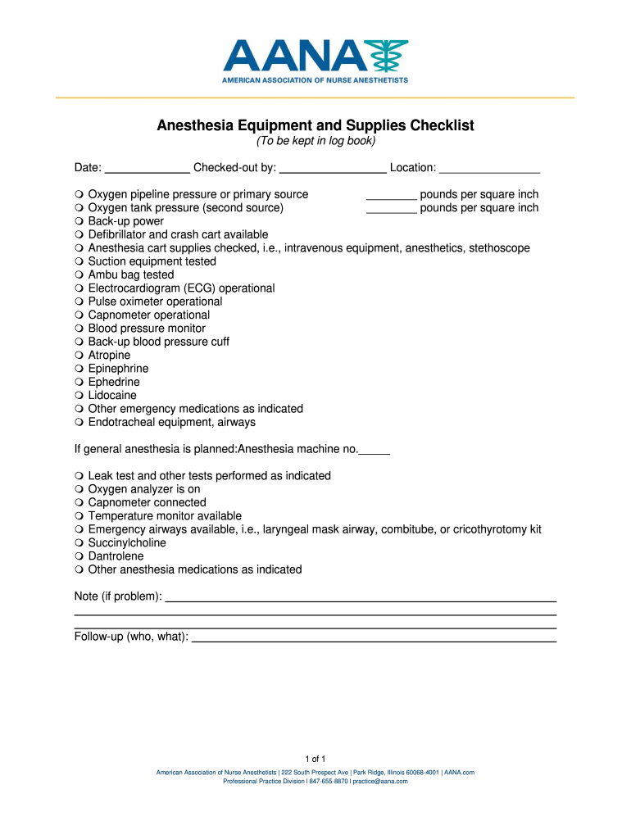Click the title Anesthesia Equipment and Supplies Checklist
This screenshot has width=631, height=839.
click(x=315, y=126)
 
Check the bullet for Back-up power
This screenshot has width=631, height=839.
click(x=78, y=221)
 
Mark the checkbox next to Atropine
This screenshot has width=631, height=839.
click(x=78, y=356)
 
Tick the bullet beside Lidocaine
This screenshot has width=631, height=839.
click(x=78, y=396)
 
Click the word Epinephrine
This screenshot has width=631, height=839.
click(x=118, y=369)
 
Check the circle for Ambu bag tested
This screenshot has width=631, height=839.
click(x=78, y=275)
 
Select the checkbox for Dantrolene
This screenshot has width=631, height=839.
click(x=78, y=556)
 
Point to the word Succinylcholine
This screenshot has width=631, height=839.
click(x=127, y=542)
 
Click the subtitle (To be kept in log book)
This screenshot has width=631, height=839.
click(x=315, y=142)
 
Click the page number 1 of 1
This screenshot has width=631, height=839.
click(x=315, y=758)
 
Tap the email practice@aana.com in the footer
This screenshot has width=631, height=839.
click(x=380, y=782)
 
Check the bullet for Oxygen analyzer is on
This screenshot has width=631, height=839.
click(x=78, y=489)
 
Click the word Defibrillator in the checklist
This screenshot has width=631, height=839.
click(x=119, y=234)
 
